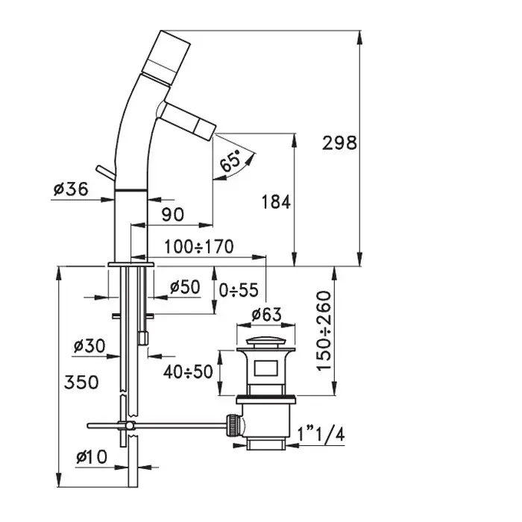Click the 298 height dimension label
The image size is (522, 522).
pyautogui.click(x=340, y=142)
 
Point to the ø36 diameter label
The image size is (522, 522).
pyautogui.click(x=71, y=190)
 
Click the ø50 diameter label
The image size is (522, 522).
pyautogui.click(x=185, y=286)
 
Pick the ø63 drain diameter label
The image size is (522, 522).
pyautogui.click(x=266, y=315)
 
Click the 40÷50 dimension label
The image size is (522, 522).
pyautogui.click(x=188, y=371)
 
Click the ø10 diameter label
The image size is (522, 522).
pyautogui.click(x=90, y=456)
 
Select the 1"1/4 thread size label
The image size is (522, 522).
pyautogui.click(x=321, y=433)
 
